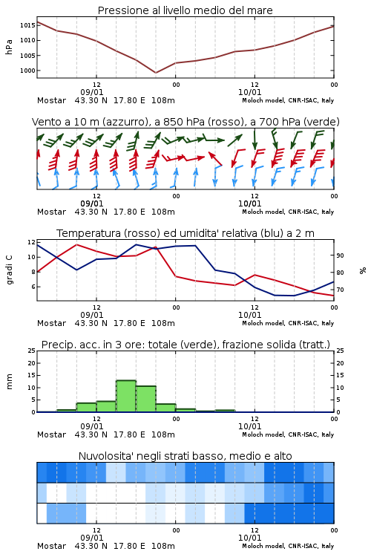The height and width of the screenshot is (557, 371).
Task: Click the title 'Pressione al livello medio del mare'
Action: tap(185, 10)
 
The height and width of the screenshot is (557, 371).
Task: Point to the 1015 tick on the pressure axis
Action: tap(27, 25)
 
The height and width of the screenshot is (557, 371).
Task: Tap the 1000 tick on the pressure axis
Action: tap(27, 71)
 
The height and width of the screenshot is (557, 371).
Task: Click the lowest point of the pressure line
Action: tap(156, 73)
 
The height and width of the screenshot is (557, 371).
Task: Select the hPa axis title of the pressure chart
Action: tap(9, 47)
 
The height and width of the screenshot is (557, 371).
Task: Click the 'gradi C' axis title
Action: tap(9, 270)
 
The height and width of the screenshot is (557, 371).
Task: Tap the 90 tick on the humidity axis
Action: tap(340, 255)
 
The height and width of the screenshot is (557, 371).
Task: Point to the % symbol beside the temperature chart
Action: tap(363, 270)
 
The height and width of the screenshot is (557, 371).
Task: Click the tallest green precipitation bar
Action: tap(126, 396)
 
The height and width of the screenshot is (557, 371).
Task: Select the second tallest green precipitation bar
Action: tap(146, 399)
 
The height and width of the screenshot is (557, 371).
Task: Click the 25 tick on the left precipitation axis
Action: tap(32, 351)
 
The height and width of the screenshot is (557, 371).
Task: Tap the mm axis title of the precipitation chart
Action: tap(9, 382)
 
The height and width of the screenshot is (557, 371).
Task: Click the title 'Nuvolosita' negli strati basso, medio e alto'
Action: tap(185, 456)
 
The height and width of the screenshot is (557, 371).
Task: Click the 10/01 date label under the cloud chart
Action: tap(249, 538)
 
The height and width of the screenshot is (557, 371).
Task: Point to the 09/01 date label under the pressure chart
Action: tap(92, 92)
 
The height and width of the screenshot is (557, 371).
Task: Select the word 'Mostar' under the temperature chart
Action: tap(51, 323)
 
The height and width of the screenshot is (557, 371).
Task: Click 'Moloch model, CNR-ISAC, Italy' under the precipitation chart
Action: tap(288, 434)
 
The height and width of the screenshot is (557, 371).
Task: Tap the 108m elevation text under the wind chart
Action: tap(163, 212)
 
